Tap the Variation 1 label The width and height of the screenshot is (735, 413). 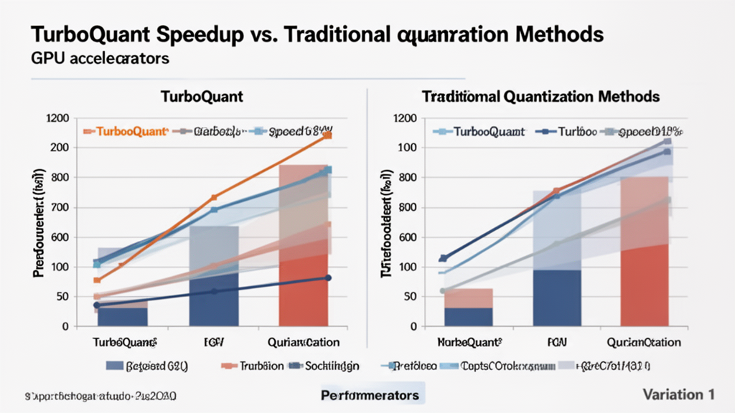(678, 394)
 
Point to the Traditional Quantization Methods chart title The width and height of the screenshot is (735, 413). (540, 96)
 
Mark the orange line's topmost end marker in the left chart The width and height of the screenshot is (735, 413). (327, 135)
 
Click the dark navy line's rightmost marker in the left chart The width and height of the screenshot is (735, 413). (328, 277)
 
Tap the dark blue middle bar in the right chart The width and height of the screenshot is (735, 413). (556, 298)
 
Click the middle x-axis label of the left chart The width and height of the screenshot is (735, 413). (213, 342)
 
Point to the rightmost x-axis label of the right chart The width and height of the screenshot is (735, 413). (642, 342)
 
